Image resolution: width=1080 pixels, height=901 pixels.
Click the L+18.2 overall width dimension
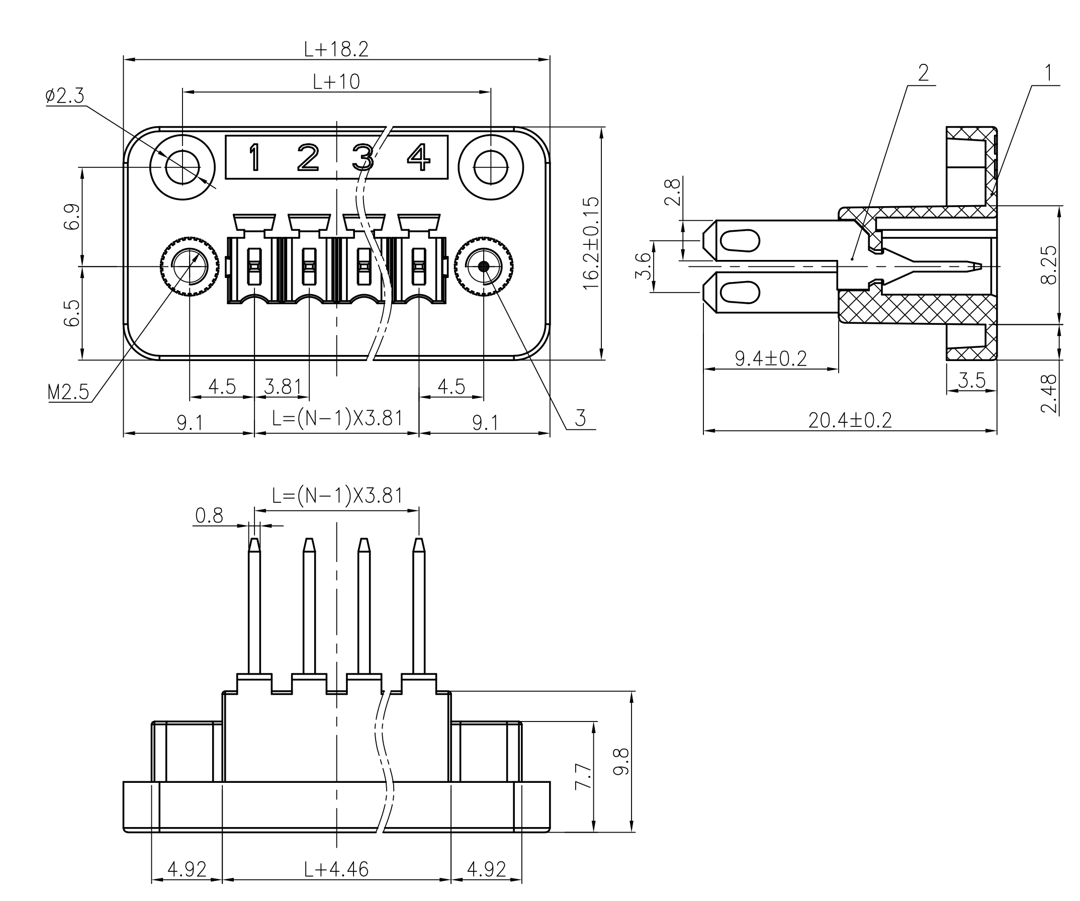tap(336, 49)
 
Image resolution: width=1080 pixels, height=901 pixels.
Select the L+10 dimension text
tap(336, 82)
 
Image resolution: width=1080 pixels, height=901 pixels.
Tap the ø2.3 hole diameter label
tap(65, 96)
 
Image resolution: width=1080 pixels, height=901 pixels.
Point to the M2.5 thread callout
tap(68, 393)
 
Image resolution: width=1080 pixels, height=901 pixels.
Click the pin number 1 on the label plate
tap(254, 157)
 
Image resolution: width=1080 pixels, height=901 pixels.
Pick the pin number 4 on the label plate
tap(419, 157)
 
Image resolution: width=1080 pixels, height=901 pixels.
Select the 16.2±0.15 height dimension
tap(591, 243)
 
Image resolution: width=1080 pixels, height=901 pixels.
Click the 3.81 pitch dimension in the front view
tap(283, 387)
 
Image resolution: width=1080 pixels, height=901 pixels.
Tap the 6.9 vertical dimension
tap(72, 217)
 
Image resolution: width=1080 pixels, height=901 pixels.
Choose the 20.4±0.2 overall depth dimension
tap(850, 421)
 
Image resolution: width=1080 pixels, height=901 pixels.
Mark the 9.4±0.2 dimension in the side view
tap(771, 358)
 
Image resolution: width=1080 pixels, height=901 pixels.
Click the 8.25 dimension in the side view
tap(1049, 264)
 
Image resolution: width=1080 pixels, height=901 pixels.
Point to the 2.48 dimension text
tap(1049, 393)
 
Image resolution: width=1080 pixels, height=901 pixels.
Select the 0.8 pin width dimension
tap(209, 515)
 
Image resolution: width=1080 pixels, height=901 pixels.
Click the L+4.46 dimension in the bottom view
tap(336, 870)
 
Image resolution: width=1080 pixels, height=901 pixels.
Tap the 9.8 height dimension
tap(621, 762)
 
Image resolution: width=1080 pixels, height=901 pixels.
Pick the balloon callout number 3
tap(580, 418)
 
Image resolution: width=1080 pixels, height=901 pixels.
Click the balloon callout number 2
tap(923, 73)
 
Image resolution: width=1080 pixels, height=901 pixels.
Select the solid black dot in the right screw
tap(483, 266)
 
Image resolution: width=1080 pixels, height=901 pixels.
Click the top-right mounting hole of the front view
tap(491, 167)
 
